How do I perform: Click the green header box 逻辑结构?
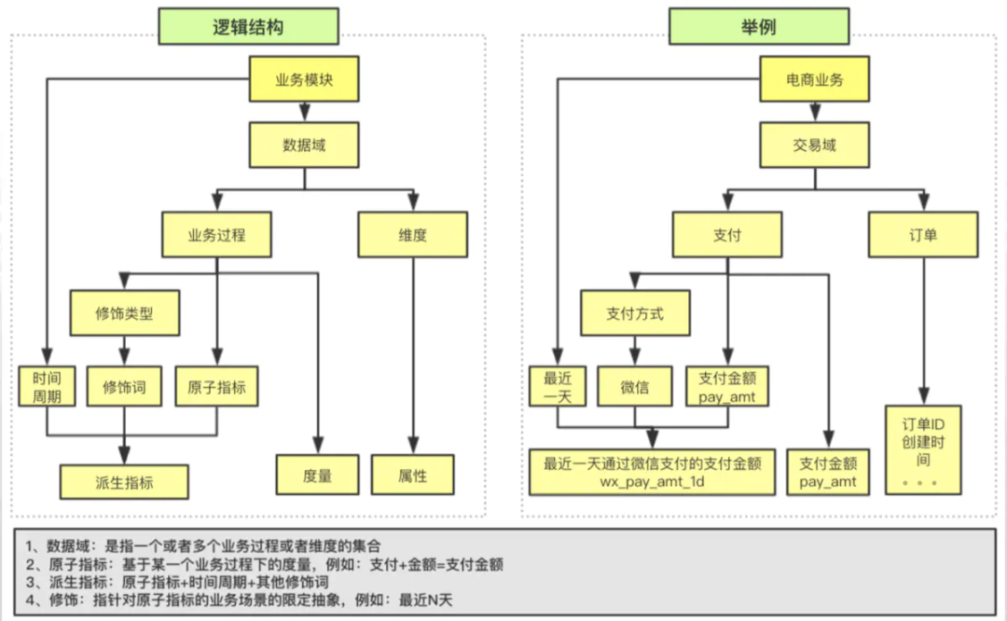(248, 26)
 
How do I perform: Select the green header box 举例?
(757, 26)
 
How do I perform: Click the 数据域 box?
(303, 145)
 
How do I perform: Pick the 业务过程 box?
(216, 235)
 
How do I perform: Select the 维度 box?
(412, 235)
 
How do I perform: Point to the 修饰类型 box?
(124, 313)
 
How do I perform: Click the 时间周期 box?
(47, 387)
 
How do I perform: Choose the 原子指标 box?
(215, 386)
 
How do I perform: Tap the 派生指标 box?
(124, 482)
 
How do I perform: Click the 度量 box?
(318, 475)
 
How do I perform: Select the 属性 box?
(412, 475)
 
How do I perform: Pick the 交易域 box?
(815, 145)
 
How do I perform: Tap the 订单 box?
(923, 235)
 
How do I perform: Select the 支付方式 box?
(635, 313)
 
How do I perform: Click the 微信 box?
(635, 386)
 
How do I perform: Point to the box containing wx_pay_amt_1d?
(653, 472)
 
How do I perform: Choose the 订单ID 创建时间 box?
(922, 448)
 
